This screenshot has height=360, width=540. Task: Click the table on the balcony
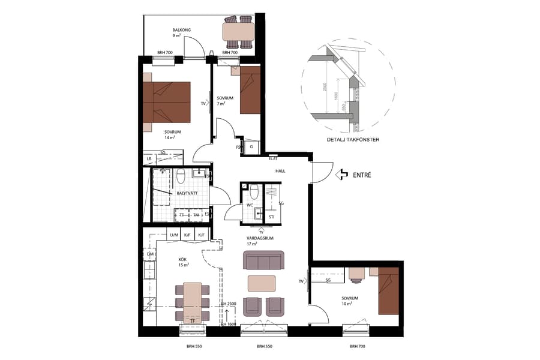[x=238, y=31]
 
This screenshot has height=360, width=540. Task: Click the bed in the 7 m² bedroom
[x=250, y=90]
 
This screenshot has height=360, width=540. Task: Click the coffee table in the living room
[x=262, y=283]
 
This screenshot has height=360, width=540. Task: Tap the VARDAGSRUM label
[x=260, y=238]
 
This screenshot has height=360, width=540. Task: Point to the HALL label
[x=280, y=171]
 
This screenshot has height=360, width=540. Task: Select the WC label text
[x=249, y=205]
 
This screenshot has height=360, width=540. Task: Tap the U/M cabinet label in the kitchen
[x=174, y=235]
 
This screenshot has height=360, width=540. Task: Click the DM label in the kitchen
[x=150, y=254]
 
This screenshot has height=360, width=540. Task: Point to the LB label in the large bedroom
[x=148, y=159]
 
